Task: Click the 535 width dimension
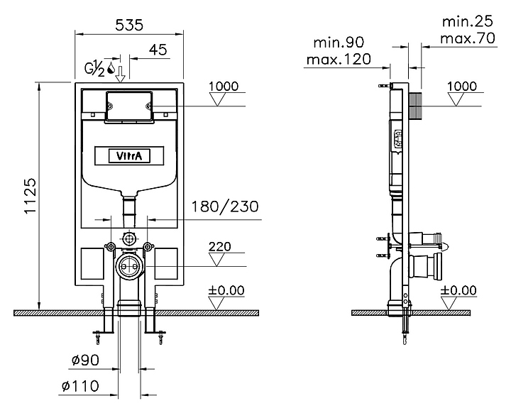click(x=129, y=25)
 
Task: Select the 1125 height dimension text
click(x=30, y=196)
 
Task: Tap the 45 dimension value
click(x=158, y=50)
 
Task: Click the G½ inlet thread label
click(x=95, y=68)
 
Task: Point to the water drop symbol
click(x=111, y=67)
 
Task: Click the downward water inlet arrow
click(x=120, y=74)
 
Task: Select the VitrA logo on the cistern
click(x=129, y=156)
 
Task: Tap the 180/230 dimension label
click(x=225, y=206)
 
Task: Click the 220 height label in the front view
click(x=219, y=246)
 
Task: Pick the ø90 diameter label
click(x=85, y=360)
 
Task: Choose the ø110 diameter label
click(x=80, y=386)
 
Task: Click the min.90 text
click(x=339, y=43)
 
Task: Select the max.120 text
click(x=339, y=60)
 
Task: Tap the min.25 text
click(x=468, y=21)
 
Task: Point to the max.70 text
click(x=468, y=38)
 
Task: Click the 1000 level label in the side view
click(x=462, y=86)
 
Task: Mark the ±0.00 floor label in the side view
click(x=458, y=290)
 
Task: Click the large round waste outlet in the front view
click(x=129, y=266)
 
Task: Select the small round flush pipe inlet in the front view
click(x=129, y=238)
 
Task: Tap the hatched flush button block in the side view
click(x=415, y=105)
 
